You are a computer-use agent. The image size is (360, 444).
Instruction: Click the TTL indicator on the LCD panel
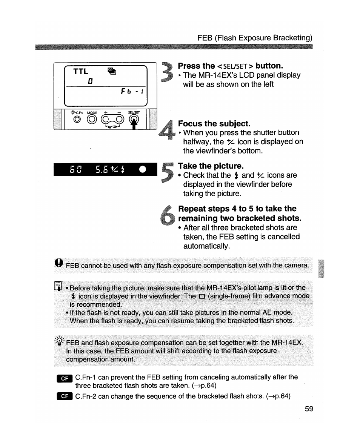80,71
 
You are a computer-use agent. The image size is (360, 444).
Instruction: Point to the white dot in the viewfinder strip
143,169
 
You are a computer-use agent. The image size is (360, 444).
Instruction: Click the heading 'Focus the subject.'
214,124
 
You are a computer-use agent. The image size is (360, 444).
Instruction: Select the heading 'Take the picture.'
211,166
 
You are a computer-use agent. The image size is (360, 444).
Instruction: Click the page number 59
309,409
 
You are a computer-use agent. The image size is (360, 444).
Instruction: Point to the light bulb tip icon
59,342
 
